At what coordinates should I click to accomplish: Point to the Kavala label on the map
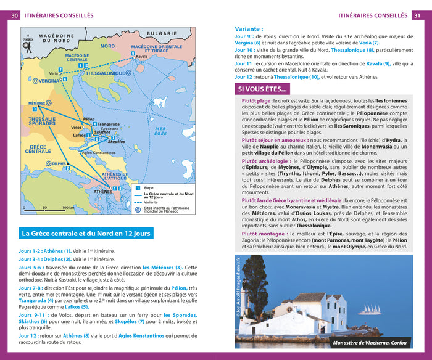[x=142, y=56]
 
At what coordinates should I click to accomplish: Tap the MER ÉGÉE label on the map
[x=160, y=131]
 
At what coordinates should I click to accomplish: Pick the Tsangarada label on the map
[x=107, y=124]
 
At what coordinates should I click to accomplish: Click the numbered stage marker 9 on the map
[x=133, y=54]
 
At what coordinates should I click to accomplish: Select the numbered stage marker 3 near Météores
[x=35, y=109]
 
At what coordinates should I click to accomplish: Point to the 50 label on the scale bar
[x=45, y=208]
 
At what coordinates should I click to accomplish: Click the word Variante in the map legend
[x=152, y=201]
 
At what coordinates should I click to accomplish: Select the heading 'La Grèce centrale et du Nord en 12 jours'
[x=86, y=234]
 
